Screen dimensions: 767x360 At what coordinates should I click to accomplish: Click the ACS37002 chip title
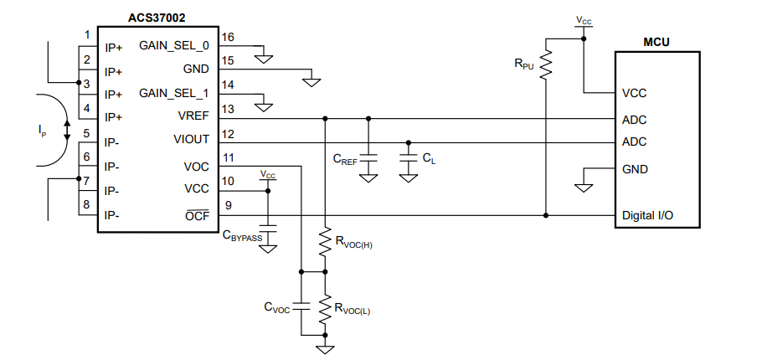[157, 18]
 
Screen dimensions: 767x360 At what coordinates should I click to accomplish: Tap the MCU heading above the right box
[656, 42]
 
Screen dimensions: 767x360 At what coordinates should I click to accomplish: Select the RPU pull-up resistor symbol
[545, 64]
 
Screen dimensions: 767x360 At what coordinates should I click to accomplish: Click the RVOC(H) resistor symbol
[325, 240]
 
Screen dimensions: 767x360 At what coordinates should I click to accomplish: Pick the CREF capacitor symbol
[368, 158]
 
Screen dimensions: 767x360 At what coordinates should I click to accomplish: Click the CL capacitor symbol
[409, 158]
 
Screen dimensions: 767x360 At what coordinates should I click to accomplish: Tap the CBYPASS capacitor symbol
[268, 228]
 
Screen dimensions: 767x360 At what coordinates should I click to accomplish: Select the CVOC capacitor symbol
[301, 307]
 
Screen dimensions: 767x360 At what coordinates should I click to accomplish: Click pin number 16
[228, 37]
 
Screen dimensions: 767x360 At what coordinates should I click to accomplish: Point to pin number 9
[229, 205]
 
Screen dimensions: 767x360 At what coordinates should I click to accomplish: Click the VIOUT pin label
[191, 140]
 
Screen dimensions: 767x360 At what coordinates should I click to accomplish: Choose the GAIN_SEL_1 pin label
[174, 93]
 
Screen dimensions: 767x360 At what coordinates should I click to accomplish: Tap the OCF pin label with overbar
[197, 214]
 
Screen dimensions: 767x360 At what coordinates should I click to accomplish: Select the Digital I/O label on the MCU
[647, 215]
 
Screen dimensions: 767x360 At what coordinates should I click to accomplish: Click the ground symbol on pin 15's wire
[311, 82]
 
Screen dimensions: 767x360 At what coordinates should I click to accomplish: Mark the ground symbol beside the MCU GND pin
[584, 188]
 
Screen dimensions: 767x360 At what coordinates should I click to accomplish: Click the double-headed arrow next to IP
[67, 130]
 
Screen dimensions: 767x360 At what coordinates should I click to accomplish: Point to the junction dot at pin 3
[79, 82]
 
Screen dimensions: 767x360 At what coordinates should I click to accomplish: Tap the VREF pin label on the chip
[193, 116]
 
